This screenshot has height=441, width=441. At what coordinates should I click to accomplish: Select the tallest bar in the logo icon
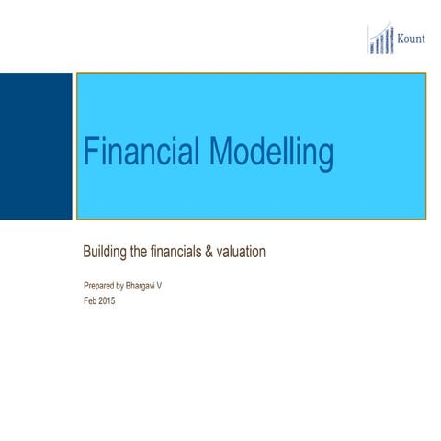click(x=392, y=40)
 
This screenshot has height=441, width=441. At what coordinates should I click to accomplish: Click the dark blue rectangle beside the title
click(x=36, y=146)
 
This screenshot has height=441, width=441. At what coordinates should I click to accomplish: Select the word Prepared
click(x=100, y=287)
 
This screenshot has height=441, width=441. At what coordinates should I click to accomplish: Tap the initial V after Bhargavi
click(x=173, y=287)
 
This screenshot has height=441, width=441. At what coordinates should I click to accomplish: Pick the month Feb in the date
click(x=90, y=300)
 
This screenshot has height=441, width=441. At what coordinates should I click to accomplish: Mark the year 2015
click(x=108, y=300)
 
